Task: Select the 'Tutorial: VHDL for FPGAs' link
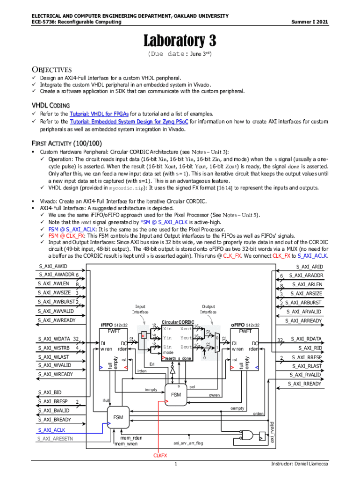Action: click(x=99, y=114)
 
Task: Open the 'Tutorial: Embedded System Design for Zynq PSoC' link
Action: click(x=129, y=121)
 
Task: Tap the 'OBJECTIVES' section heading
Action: click(x=51, y=69)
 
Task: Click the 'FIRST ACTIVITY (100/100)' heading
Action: click(x=67, y=143)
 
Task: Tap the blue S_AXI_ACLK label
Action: click(x=51, y=429)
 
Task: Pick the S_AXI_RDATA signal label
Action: click(x=306, y=339)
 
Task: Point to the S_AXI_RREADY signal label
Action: click(x=305, y=384)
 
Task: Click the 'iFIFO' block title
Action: click(x=108, y=325)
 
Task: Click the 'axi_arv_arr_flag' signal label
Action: click(x=188, y=443)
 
